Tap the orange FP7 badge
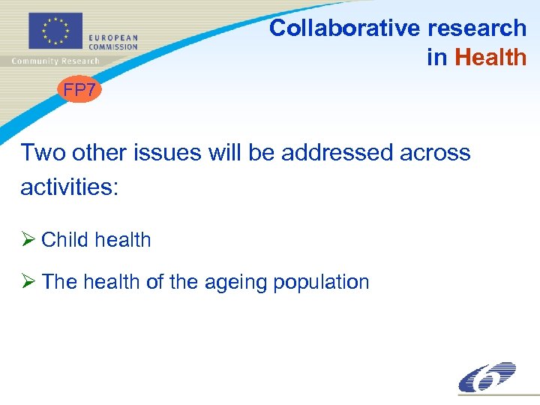pyautogui.click(x=79, y=91)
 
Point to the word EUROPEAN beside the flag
pyautogui.click(x=112, y=37)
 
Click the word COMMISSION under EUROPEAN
pyautogui.click(x=113, y=46)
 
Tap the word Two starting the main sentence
pyautogui.click(x=43, y=152)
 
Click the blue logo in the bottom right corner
pyautogui.click(x=487, y=376)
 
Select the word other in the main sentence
pyautogui.click(x=100, y=152)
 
